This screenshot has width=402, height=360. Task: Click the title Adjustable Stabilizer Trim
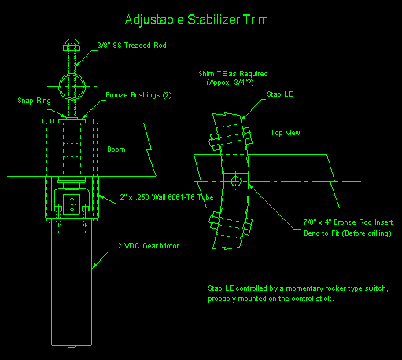197,20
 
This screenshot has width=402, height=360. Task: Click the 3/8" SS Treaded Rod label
131,46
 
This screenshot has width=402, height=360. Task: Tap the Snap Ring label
34,101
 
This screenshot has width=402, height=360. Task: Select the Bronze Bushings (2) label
138,95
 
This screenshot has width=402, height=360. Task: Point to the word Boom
116,149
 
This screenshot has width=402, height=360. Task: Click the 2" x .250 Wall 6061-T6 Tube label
167,197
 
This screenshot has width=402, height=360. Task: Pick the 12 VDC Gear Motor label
147,246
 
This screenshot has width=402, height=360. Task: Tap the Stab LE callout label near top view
280,94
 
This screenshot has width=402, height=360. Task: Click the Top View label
286,133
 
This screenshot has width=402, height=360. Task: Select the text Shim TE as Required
233,74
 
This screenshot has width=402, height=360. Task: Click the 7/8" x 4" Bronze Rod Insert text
348,222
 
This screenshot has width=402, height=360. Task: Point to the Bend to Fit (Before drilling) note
348,233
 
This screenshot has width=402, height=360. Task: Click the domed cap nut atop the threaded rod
72,45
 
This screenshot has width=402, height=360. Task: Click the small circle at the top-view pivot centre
236,181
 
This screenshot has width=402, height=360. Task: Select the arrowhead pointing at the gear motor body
94,266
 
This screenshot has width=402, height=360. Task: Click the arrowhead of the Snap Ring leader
64,116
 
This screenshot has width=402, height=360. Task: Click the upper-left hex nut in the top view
215,141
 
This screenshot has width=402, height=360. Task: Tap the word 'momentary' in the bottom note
304,288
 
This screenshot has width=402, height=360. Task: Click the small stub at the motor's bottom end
72,347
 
